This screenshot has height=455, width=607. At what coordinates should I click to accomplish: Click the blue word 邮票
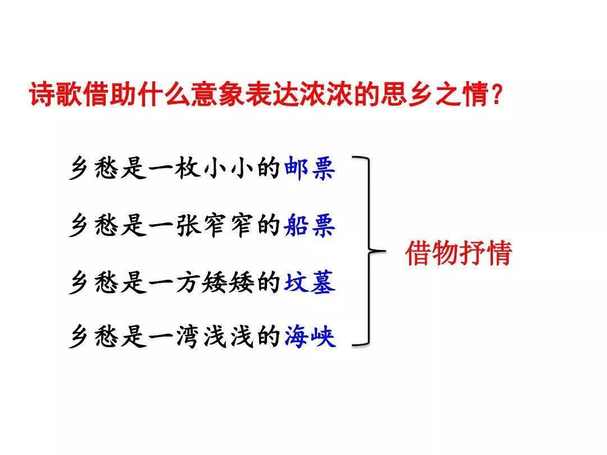[x=309, y=169]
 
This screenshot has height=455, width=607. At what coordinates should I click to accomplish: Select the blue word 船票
[x=309, y=225]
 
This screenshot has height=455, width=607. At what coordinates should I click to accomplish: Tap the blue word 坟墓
[x=310, y=282]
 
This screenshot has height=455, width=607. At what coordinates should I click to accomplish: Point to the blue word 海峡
[x=310, y=336]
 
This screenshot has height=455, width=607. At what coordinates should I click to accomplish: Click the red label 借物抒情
[x=459, y=253]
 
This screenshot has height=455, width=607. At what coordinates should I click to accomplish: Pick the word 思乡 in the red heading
[x=407, y=94]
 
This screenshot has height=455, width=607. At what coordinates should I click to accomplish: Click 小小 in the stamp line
[x=228, y=169]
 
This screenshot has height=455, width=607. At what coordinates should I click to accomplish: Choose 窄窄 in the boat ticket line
[x=228, y=225]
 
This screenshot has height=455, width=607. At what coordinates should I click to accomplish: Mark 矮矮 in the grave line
[x=228, y=282]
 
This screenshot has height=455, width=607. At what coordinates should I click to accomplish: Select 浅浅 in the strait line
[x=228, y=336]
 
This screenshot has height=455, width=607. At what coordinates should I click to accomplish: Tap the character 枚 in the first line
[x=187, y=169]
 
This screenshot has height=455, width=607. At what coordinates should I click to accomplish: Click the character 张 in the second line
[x=188, y=225]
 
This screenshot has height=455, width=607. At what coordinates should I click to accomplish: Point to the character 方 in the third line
[x=188, y=282]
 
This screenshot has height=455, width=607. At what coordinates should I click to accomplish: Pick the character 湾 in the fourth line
[x=188, y=336]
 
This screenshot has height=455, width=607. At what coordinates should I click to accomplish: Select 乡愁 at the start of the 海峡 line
[x=94, y=336]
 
